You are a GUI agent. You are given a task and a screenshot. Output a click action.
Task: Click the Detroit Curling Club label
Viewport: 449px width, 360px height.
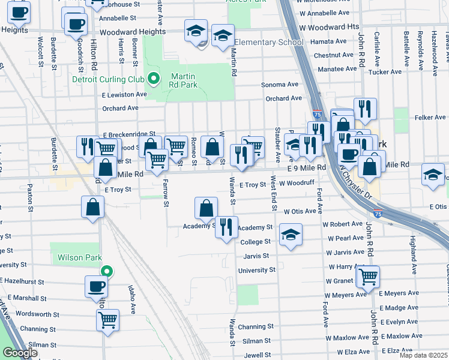[108, 79]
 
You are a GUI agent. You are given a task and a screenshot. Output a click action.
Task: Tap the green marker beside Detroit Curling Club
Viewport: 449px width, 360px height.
[154, 78]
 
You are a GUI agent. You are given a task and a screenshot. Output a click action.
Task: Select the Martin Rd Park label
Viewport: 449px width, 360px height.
[184, 80]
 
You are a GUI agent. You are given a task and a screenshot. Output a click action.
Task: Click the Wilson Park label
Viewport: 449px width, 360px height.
[77, 258]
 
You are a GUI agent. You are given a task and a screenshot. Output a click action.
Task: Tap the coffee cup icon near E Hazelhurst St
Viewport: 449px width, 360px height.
[96, 286]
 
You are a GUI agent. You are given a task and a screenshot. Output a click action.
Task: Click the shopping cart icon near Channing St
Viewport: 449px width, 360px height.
[107, 319]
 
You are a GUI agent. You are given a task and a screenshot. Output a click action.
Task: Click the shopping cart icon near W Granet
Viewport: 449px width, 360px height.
[369, 276]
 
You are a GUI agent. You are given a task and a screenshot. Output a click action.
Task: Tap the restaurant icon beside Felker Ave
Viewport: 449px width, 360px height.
[365, 109]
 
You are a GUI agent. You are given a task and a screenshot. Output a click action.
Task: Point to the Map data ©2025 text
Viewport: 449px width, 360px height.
[423, 355]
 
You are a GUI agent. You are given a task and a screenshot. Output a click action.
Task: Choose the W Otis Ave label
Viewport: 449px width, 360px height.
[300, 211]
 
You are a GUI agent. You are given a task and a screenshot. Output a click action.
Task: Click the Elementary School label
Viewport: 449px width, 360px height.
[269, 43]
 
